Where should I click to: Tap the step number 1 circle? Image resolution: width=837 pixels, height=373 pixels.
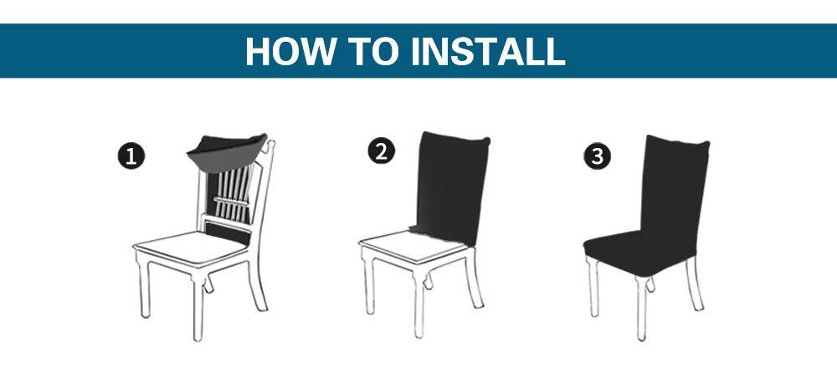click(x=131, y=156)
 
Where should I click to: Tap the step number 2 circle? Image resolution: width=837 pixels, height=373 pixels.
click(x=381, y=151)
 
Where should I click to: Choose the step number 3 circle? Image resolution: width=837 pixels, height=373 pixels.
click(x=598, y=156)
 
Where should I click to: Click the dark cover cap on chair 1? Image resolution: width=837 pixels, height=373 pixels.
click(x=227, y=152)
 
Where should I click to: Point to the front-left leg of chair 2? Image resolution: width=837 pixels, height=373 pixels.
click(x=369, y=284)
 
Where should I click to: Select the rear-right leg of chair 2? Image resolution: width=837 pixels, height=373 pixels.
click(x=474, y=278)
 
